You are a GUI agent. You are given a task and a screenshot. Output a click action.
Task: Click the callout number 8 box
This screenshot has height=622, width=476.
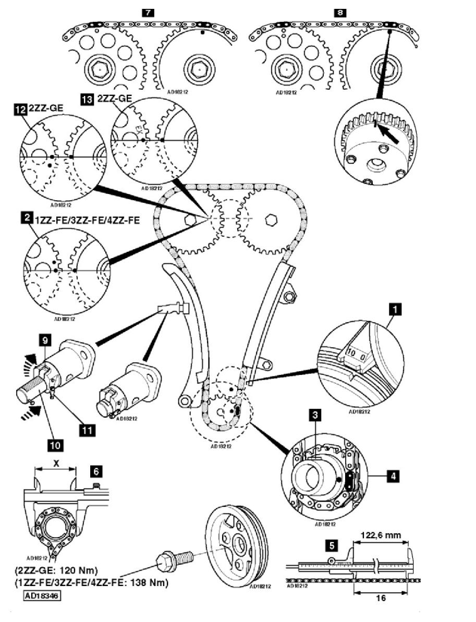tap(340, 11)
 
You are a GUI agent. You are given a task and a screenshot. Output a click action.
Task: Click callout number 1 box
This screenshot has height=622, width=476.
tap(396, 310)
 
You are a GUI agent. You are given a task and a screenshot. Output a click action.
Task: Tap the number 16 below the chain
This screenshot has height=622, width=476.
tap(381, 598)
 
